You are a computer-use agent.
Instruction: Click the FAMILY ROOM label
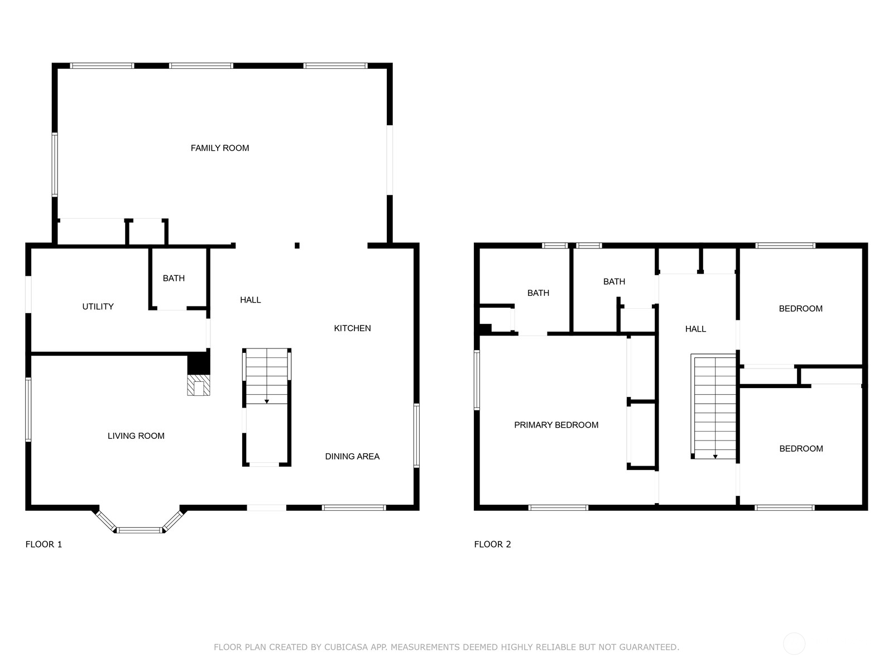point(220,148)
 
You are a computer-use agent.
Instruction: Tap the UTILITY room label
point(98,307)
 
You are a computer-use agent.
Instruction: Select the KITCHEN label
point(352,328)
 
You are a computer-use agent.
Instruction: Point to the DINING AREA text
point(352,456)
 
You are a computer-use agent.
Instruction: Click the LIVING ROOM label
point(136,436)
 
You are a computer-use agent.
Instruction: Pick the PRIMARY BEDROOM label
point(556,425)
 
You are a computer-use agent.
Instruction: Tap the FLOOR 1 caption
point(44,544)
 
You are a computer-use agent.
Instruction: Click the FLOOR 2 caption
point(492,544)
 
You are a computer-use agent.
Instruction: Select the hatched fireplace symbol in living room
point(199,386)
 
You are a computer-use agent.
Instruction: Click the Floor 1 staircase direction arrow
point(267,401)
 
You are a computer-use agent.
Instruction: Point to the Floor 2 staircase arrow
point(715,456)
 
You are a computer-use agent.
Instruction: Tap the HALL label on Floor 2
point(695,329)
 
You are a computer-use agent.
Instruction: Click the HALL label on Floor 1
point(250,300)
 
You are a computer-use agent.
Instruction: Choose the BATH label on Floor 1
point(174,278)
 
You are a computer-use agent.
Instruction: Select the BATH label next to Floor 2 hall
point(614,281)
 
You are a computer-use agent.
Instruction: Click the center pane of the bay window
point(140,530)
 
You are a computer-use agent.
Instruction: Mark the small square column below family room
point(297,246)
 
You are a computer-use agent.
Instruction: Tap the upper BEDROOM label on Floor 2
point(800,308)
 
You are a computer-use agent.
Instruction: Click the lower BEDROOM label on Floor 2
point(801,448)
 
